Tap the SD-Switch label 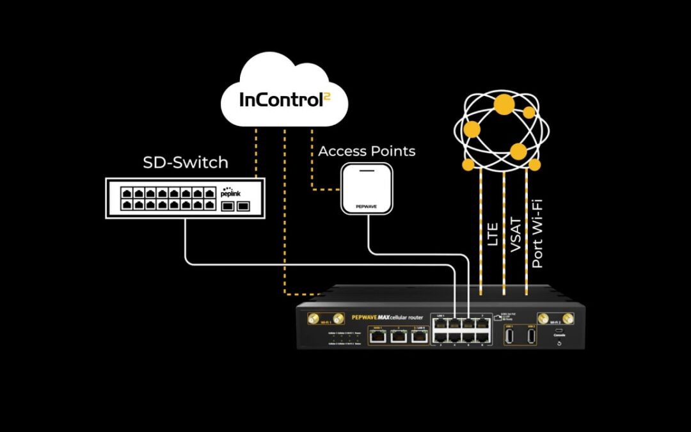pyautogui.click(x=186, y=163)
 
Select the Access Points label pyautogui.click(x=367, y=152)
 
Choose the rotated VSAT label pyautogui.click(x=516, y=237)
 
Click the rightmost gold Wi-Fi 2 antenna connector pyautogui.click(x=568, y=318)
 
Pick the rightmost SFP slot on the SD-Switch pyautogui.click(x=243, y=206)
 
